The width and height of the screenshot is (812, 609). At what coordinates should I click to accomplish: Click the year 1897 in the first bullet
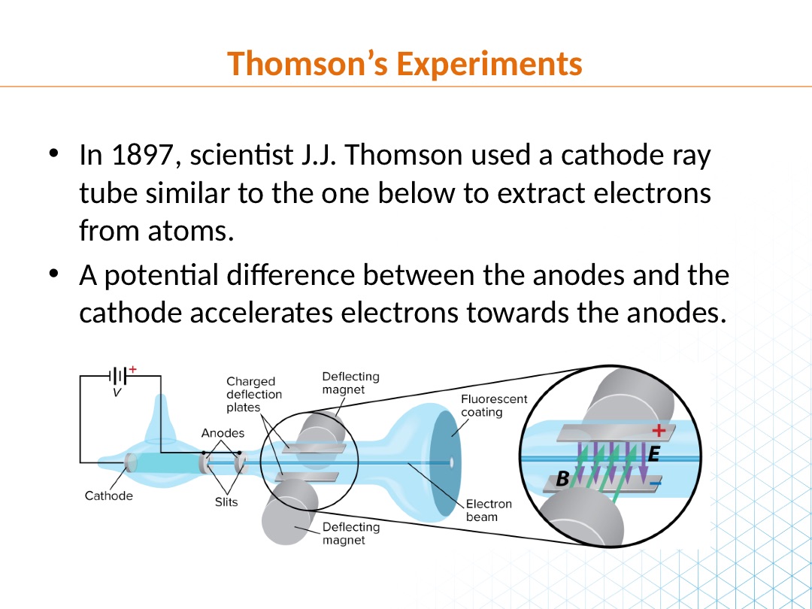pos(141,155)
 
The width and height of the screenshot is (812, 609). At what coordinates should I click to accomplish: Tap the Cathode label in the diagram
pos(109,496)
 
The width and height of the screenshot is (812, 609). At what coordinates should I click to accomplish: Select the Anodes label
pos(223,433)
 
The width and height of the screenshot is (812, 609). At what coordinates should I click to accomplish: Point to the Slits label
pos(226,501)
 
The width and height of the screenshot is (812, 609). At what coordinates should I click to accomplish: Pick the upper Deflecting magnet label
pos(350,383)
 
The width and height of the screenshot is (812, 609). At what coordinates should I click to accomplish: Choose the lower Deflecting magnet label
pos(350,533)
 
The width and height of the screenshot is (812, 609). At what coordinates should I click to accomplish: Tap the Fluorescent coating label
pos(493,406)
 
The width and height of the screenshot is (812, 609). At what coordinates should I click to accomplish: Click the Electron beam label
pos(489,511)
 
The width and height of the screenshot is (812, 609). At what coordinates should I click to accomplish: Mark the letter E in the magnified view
pos(653,455)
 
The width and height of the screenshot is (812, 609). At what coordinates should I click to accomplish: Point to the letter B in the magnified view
pos(562,480)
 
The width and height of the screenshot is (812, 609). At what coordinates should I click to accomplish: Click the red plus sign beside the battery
pos(133,369)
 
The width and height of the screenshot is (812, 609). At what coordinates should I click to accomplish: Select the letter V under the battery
pos(117,392)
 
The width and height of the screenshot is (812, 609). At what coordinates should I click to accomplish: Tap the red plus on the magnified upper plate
pos(658,430)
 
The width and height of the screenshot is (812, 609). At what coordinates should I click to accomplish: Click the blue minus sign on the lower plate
pos(656,484)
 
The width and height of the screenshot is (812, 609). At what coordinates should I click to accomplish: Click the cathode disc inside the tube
pos(131,463)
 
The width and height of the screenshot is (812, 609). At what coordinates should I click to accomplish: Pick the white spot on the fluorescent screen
pos(451,462)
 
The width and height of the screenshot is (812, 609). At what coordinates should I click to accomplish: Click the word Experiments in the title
pos(489,64)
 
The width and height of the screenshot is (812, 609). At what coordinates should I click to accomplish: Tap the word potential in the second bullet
pos(161,276)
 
